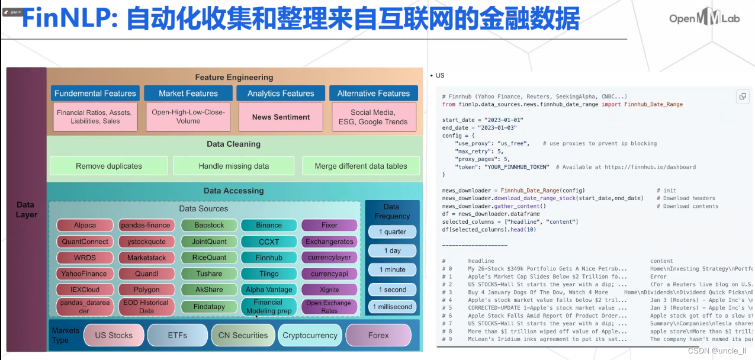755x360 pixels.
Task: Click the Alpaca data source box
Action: tap(85, 226)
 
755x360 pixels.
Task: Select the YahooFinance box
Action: tap(85, 274)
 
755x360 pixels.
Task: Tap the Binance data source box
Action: tap(269, 226)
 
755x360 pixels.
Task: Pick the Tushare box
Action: tap(209, 274)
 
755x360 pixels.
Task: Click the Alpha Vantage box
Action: tap(269, 290)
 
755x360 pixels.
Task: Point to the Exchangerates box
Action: tap(329, 242)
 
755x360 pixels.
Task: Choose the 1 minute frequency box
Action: tap(392, 269)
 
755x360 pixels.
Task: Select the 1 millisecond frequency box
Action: tap(392, 307)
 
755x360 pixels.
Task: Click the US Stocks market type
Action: tap(114, 335)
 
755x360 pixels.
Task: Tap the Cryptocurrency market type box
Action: tap(309, 335)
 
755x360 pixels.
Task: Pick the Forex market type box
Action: tap(378, 335)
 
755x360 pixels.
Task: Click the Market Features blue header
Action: tap(188, 94)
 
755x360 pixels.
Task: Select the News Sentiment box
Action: tap(281, 117)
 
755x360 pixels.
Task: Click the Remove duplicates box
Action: tap(109, 166)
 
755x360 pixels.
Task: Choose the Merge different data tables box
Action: tap(361, 166)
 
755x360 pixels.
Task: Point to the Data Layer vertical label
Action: tap(26, 210)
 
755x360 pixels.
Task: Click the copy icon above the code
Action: tap(743, 97)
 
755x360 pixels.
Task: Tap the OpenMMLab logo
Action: tap(704, 19)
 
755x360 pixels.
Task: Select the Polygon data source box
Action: tap(146, 290)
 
